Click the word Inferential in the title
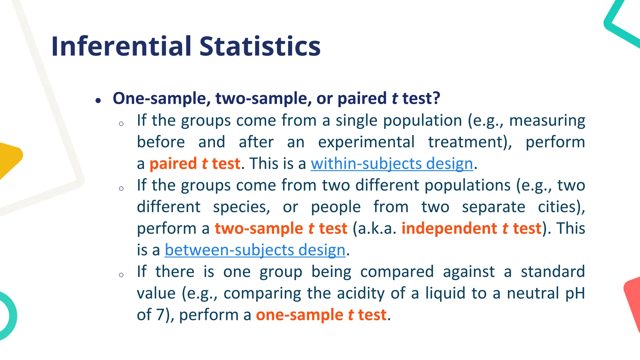point(122,46)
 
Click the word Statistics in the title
point(260,46)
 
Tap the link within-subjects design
point(392,164)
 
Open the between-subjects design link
point(255,250)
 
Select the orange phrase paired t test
point(195,164)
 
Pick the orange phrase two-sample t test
point(281,228)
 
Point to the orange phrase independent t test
point(471,228)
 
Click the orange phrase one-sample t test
point(321,315)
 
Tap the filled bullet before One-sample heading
point(98,101)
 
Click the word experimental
point(366,142)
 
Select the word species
point(242,207)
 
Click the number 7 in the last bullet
point(160,315)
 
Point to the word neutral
point(533,293)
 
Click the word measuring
point(547,121)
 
